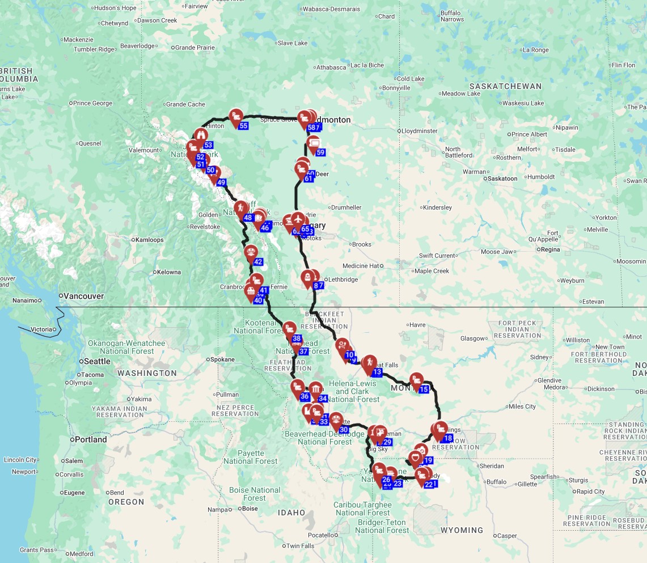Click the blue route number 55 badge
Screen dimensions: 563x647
coord(244,125)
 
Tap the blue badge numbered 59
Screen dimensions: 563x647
coord(320,152)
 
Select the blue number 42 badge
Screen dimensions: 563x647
coord(258,262)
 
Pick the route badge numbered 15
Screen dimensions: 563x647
coord(424,389)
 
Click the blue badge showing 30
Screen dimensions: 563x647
coord(343,430)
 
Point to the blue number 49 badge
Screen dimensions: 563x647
coord(221,183)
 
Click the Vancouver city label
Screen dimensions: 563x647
coord(83,296)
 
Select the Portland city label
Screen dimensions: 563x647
coord(90,439)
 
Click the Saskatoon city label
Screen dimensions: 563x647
coord(502,178)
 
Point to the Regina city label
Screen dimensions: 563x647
coord(550,249)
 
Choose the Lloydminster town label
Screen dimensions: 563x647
coord(420,131)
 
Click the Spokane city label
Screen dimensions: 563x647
coord(222,359)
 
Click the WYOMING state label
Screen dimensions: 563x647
coord(462,530)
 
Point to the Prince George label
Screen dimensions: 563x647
coord(93,103)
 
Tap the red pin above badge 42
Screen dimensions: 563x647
coord(251,253)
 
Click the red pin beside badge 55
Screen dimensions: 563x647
coord(235,117)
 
